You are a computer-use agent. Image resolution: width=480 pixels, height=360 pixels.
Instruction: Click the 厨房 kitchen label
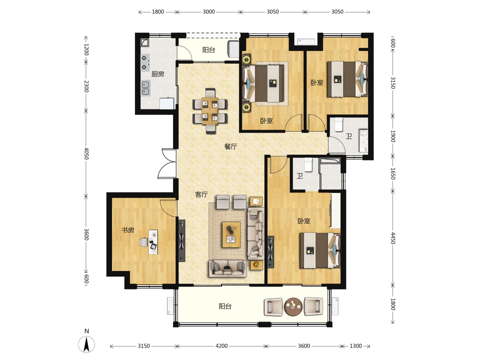tap(157, 74)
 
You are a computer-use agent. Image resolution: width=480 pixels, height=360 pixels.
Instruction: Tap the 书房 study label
tap(128, 230)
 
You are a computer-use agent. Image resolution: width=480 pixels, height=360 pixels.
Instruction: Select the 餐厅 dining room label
tap(230, 146)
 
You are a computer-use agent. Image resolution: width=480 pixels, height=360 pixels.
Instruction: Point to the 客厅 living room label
tap(201, 194)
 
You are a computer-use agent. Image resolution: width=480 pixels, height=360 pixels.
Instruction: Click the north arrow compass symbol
tap(87, 344)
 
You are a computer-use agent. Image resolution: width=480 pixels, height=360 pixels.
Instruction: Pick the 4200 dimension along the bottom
tap(222, 346)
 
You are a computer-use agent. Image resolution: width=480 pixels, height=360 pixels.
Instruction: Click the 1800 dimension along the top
tap(158, 12)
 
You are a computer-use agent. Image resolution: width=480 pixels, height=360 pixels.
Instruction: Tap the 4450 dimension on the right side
tap(393, 238)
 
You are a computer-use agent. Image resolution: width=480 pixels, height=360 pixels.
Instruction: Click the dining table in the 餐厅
tap(210, 111)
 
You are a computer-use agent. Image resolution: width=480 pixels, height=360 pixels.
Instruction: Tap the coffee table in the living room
tap(231, 235)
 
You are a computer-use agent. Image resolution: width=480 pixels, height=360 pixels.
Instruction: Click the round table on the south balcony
tap(293, 307)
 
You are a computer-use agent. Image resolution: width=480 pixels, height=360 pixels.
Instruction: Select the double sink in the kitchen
tap(145, 88)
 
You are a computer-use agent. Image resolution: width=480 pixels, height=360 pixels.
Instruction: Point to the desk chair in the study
tap(143, 242)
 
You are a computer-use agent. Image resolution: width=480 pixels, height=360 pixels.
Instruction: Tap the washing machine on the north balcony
tap(233, 49)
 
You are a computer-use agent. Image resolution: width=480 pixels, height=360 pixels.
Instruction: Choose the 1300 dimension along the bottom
tap(356, 346)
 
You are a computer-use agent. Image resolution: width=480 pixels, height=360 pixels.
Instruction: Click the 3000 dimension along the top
tap(209, 12)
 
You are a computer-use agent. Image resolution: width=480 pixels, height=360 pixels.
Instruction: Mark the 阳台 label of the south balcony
tap(225, 306)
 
